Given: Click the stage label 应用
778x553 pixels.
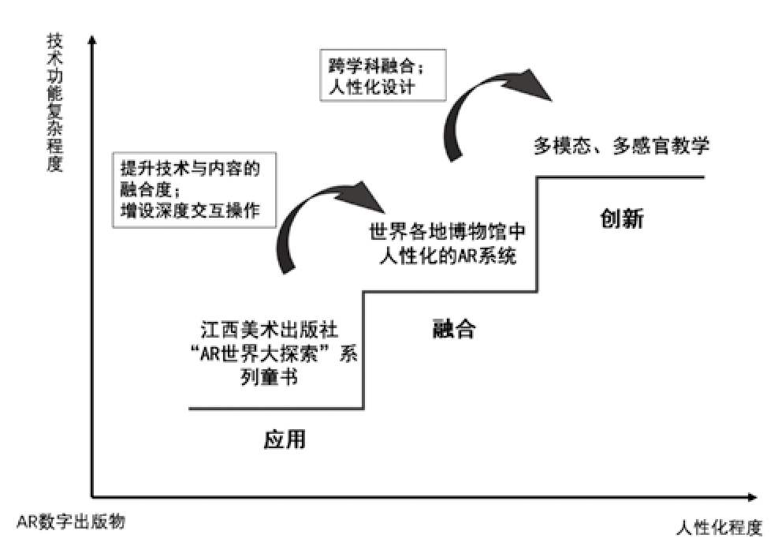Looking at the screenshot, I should point(284,439).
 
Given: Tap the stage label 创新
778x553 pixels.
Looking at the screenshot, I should point(622,218).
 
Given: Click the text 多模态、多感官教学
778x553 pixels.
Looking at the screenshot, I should point(622,145).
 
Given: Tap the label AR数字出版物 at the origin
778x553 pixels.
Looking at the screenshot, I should point(71,521).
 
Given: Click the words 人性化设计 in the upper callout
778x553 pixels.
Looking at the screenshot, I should point(370,85).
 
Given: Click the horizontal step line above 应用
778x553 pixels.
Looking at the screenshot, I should point(276,409).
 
